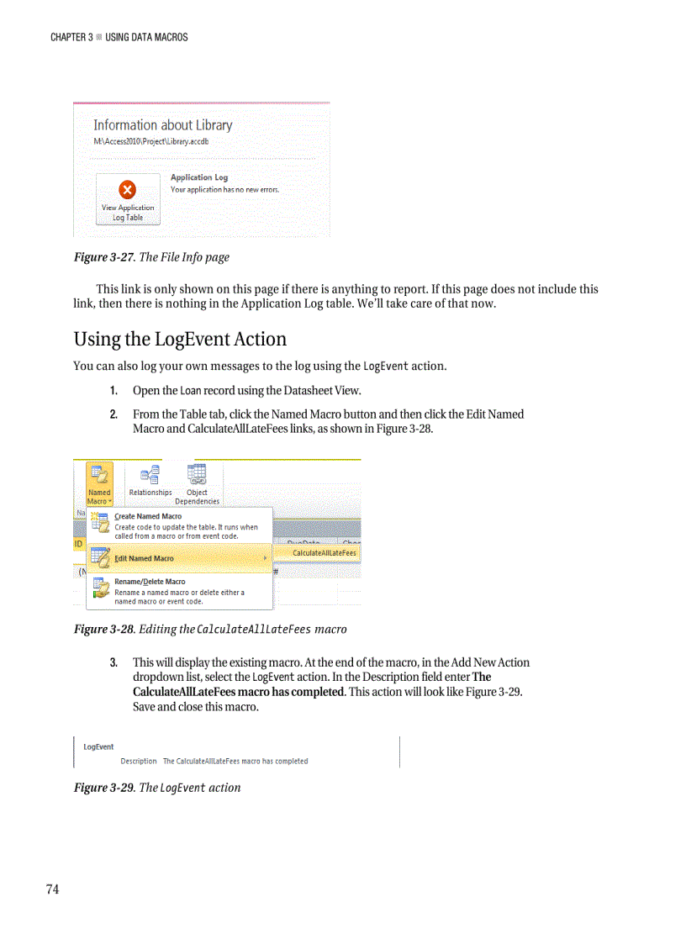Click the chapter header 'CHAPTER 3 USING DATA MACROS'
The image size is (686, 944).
point(119,37)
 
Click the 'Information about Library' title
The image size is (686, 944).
point(162,125)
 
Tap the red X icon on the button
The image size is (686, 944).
point(128,189)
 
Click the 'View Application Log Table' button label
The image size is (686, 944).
point(128,213)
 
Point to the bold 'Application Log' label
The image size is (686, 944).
point(199,177)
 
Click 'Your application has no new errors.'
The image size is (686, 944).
point(224,189)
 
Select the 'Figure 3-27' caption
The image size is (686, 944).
point(105,257)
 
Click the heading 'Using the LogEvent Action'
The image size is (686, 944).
point(180,340)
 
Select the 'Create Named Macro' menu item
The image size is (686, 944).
point(148,516)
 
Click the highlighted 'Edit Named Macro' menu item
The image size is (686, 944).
point(144,558)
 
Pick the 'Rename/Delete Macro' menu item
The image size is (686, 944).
point(150,582)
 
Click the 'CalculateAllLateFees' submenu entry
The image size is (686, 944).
point(324,553)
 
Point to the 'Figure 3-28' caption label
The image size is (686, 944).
point(105,630)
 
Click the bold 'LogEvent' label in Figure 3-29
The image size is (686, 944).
point(98,746)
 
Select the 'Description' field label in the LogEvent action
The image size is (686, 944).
point(138,762)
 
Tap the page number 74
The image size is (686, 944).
point(52,890)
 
